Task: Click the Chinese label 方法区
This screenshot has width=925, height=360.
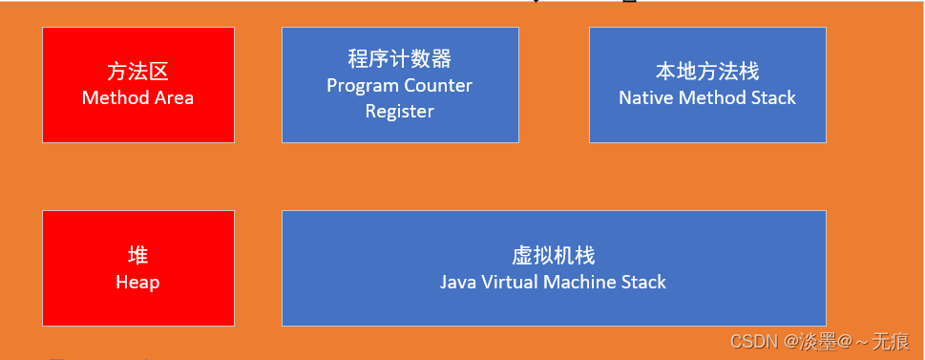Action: pos(138,73)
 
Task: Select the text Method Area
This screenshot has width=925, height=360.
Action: pos(137,97)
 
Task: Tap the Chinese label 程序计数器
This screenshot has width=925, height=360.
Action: pos(399,59)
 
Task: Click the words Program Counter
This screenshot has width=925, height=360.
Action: pos(399,85)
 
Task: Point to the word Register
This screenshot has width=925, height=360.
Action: pos(399,111)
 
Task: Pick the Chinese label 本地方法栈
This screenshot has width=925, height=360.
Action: pos(706,73)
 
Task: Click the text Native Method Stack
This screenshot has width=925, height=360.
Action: pos(706,97)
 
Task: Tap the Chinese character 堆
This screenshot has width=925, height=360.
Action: pos(137,256)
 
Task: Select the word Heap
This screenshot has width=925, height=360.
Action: pos(137,282)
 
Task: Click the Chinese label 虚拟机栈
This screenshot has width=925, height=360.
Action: pos(553,256)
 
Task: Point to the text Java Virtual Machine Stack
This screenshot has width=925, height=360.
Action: pos(553,282)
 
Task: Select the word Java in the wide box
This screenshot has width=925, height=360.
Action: pos(457,282)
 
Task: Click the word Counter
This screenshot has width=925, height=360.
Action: pos(439,85)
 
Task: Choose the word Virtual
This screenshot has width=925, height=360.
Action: pos(509,282)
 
